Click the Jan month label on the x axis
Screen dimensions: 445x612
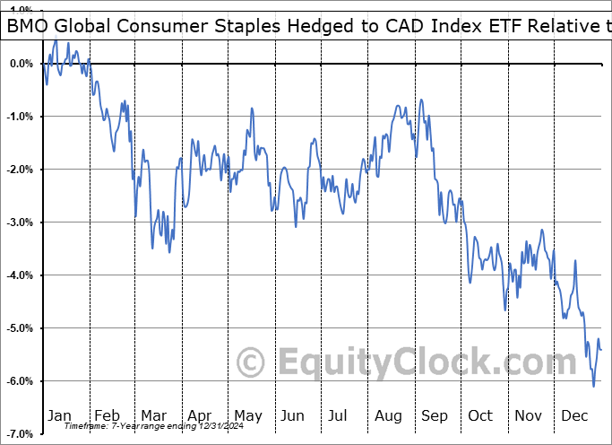coord(58,415)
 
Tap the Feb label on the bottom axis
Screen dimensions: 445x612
coord(106,415)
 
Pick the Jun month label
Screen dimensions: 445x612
coord(292,415)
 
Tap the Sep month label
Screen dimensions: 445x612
coord(434,415)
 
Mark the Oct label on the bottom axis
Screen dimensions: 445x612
coord(479,415)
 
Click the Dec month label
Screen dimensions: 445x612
coord(573,415)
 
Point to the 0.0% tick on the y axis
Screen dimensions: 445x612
coord(20,64)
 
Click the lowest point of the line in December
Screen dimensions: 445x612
coord(593,387)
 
